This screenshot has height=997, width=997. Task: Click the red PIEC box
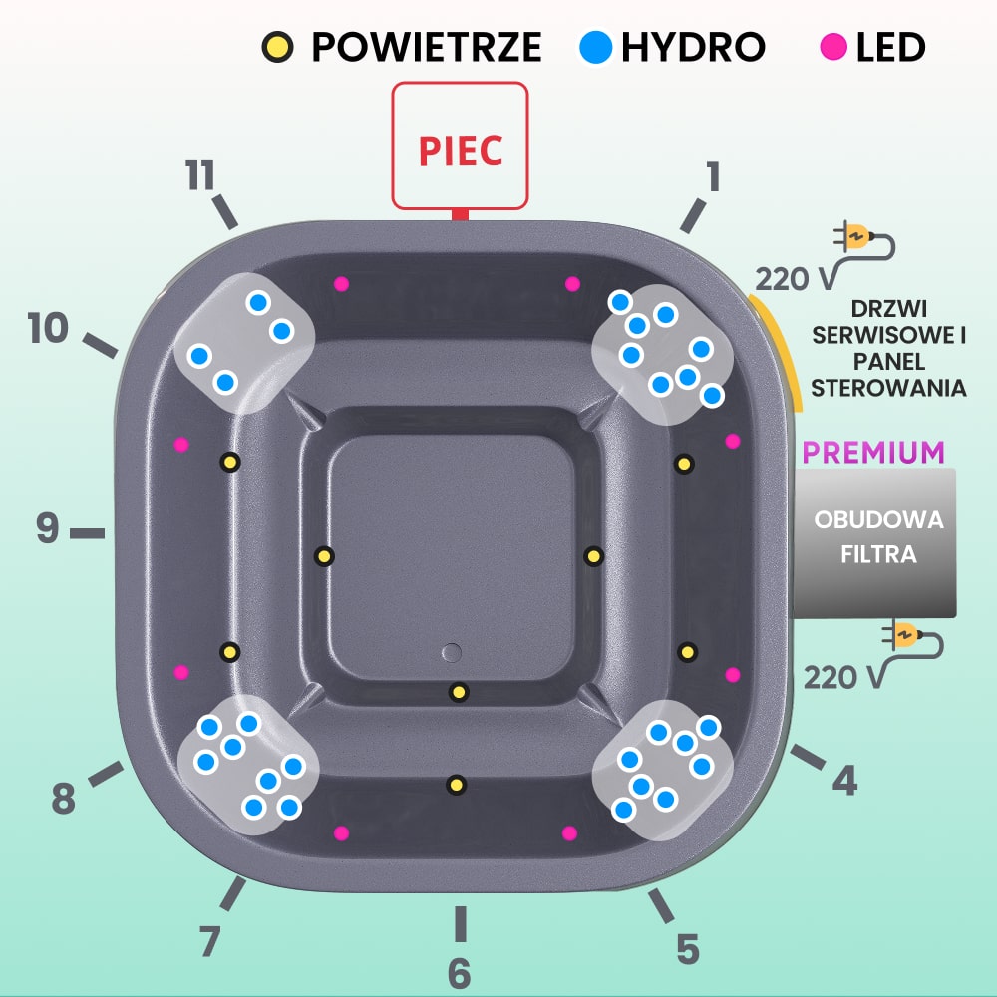click(459, 146)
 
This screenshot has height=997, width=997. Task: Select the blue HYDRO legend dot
click(595, 46)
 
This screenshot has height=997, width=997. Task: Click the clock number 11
click(200, 176)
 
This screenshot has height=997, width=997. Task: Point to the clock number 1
click(712, 176)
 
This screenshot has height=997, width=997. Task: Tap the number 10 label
click(48, 328)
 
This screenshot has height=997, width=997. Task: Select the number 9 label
click(48, 528)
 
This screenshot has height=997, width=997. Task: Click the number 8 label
click(63, 798)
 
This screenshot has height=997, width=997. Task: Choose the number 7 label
click(208, 941)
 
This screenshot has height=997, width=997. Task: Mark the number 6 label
click(459, 972)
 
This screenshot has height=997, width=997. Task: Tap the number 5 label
click(687, 949)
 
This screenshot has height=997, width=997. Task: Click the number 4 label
click(844, 780)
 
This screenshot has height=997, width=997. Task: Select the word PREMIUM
click(873, 452)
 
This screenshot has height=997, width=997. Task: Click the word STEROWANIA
click(888, 388)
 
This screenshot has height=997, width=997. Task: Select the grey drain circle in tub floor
click(452, 652)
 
